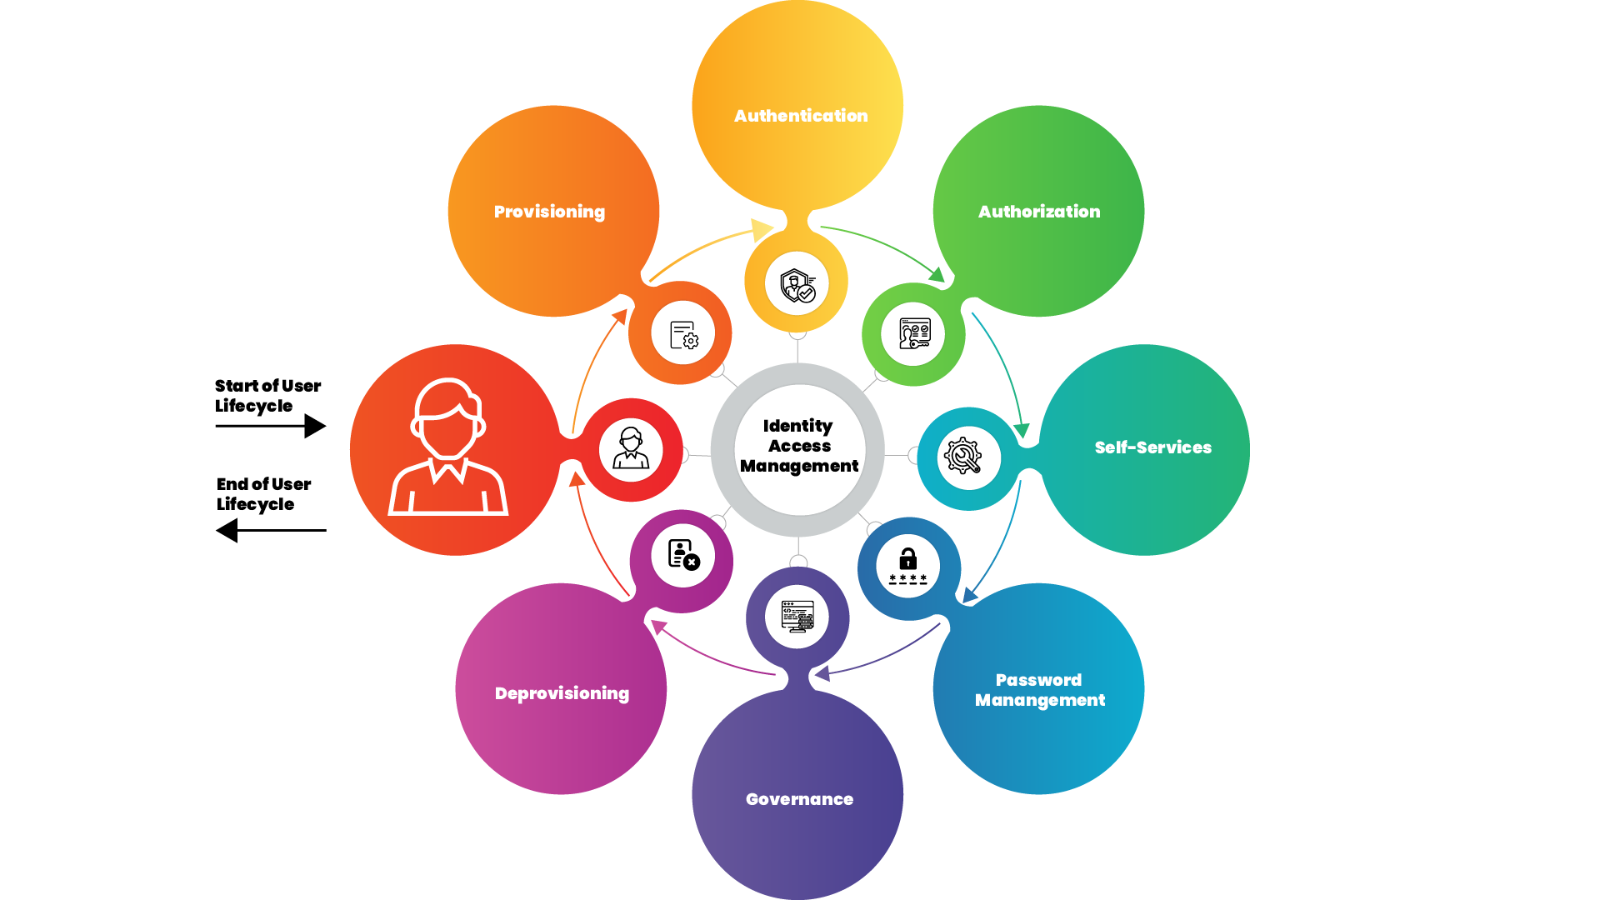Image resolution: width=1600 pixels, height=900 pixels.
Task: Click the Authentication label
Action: tap(801, 116)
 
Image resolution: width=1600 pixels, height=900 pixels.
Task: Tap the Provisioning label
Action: tap(549, 212)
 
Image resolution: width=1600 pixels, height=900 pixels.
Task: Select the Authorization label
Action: tap(1039, 212)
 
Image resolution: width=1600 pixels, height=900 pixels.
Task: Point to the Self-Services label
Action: tap(1152, 447)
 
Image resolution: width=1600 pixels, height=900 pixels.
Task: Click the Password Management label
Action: tap(1040, 690)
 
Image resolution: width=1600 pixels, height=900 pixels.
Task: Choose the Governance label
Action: tap(799, 799)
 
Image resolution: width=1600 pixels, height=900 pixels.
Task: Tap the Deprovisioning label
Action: tap(562, 693)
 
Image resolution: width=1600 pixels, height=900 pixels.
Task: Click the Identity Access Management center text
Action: tap(798, 446)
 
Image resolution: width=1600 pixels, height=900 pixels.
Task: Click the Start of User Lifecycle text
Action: tap(267, 396)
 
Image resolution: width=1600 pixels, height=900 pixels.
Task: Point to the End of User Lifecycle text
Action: tap(263, 494)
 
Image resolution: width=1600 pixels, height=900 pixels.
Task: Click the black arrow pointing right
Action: tap(271, 426)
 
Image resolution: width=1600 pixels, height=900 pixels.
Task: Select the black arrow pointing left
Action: tap(271, 530)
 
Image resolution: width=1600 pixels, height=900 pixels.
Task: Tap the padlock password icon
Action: tap(907, 566)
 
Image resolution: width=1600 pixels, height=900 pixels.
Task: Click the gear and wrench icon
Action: tap(962, 457)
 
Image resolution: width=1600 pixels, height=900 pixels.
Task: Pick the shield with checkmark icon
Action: tap(797, 285)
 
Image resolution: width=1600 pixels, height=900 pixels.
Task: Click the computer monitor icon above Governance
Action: tap(797, 617)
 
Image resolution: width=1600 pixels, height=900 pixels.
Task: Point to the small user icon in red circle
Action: tap(631, 448)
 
